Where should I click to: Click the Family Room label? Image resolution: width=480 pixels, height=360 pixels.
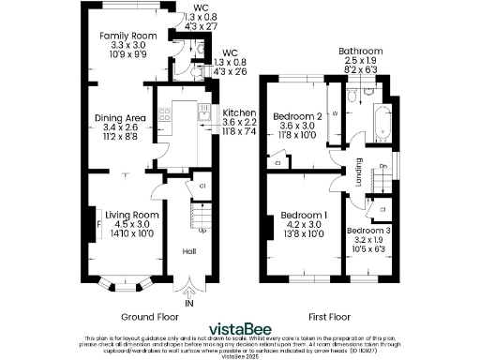coord(122,37)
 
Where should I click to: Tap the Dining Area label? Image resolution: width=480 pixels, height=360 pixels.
coord(117,118)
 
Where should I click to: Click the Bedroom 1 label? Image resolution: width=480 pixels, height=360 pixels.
coord(307,215)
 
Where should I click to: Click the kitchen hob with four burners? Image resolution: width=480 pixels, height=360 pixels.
coord(163,117)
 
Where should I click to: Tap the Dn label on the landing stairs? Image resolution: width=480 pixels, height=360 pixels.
coord(382,168)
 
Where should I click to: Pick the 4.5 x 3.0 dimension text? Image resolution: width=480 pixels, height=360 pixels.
coord(123,225)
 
